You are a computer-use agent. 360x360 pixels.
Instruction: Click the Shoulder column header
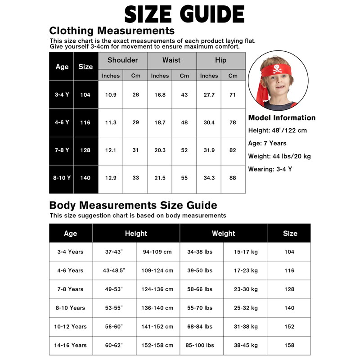(x=122, y=60)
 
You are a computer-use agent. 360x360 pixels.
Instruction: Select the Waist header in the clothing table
(x=171, y=60)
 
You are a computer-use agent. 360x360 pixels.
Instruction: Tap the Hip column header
(x=220, y=60)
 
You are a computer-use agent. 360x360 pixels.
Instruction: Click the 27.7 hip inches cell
(x=209, y=95)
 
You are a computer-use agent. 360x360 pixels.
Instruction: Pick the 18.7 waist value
(x=160, y=122)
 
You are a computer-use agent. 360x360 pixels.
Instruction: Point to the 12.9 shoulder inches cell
(x=111, y=178)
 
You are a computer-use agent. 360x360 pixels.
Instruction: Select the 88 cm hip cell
(x=233, y=178)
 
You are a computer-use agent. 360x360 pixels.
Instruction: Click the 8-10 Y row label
(x=62, y=178)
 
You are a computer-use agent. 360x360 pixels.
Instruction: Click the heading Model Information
(x=282, y=118)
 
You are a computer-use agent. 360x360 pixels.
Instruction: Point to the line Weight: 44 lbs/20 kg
(x=279, y=156)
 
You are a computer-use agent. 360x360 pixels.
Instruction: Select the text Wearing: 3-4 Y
(x=270, y=169)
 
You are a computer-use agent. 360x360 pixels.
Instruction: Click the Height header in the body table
(x=136, y=233)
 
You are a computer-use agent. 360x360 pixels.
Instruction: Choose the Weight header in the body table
(x=223, y=233)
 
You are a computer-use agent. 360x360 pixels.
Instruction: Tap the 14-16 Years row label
(x=71, y=345)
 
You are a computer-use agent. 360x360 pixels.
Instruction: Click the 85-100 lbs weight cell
(x=200, y=345)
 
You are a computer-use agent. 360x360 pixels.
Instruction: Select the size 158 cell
(x=290, y=345)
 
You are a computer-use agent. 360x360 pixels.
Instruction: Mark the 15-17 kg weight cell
(x=246, y=252)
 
